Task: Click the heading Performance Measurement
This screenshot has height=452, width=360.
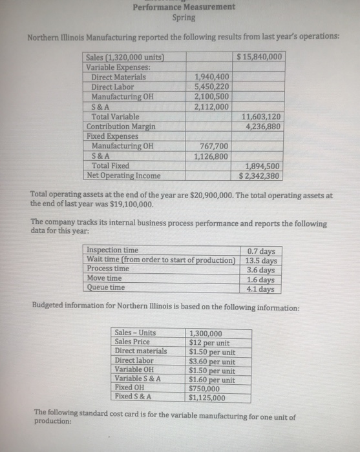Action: click(184, 7)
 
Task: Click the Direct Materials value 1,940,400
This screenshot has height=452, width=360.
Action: click(211, 77)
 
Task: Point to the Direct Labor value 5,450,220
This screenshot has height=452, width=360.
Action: click(211, 87)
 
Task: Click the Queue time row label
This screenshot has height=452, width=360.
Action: click(106, 287)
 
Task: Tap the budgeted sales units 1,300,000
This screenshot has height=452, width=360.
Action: click(206, 333)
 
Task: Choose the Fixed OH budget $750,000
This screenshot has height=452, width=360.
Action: click(205, 389)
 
